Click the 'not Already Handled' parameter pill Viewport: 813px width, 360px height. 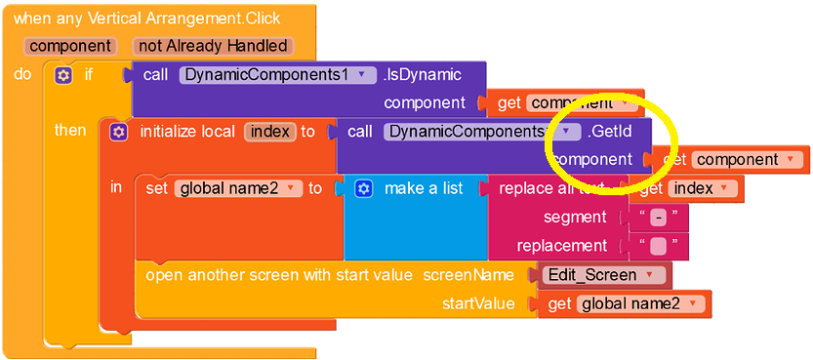pyautogui.click(x=213, y=46)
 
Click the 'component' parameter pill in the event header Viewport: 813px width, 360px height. pyautogui.click(x=71, y=46)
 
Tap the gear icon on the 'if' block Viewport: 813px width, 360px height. pyautogui.click(x=64, y=74)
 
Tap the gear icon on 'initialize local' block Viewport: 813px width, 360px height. pyautogui.click(x=118, y=131)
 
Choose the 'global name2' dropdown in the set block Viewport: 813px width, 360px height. pyautogui.click(x=238, y=188)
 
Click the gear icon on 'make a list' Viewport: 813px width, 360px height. pyautogui.click(x=364, y=188)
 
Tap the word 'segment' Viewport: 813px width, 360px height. pyautogui.click(x=575, y=217)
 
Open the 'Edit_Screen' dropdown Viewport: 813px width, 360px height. pyautogui.click(x=604, y=275)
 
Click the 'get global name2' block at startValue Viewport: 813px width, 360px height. pyautogui.click(x=625, y=303)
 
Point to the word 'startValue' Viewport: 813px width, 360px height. pyautogui.click(x=478, y=303)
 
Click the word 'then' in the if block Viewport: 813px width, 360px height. pyautogui.click(x=70, y=130)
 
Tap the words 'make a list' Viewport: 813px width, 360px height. pyautogui.click(x=424, y=188)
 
